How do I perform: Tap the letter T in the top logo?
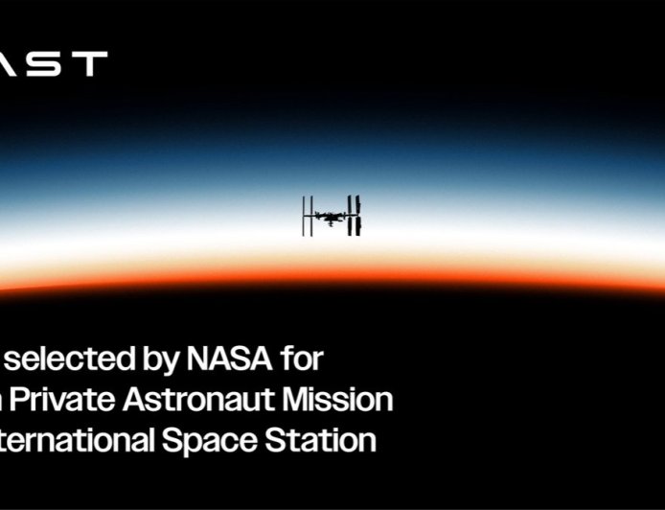click(x=91, y=63)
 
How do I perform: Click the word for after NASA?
click(x=303, y=360)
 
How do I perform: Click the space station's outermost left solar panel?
click(x=305, y=216)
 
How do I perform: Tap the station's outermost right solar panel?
click(x=358, y=216)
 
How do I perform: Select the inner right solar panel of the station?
click(x=351, y=216)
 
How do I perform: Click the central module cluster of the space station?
click(x=332, y=217)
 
